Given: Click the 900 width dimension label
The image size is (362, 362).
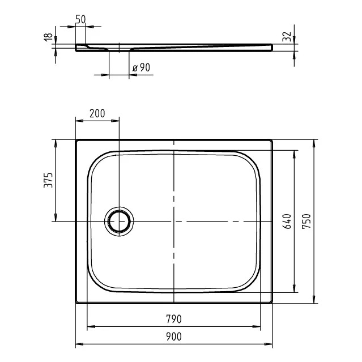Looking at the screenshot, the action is click(x=174, y=337).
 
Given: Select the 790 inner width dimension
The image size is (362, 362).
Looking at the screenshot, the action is click(x=174, y=319).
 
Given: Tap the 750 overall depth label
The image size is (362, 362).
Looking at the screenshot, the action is click(x=306, y=222).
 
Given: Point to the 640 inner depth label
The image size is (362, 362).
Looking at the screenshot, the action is click(x=287, y=222).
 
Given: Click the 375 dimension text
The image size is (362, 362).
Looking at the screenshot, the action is click(x=48, y=180).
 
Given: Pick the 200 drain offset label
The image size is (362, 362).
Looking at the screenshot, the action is click(x=97, y=113).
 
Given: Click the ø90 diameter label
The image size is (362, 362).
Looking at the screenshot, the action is click(x=141, y=67).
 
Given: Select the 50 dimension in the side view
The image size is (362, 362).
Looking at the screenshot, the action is click(x=80, y=19).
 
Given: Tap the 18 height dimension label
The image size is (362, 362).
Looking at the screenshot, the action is click(x=48, y=37).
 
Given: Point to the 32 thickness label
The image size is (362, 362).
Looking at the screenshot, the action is click(x=287, y=36).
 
